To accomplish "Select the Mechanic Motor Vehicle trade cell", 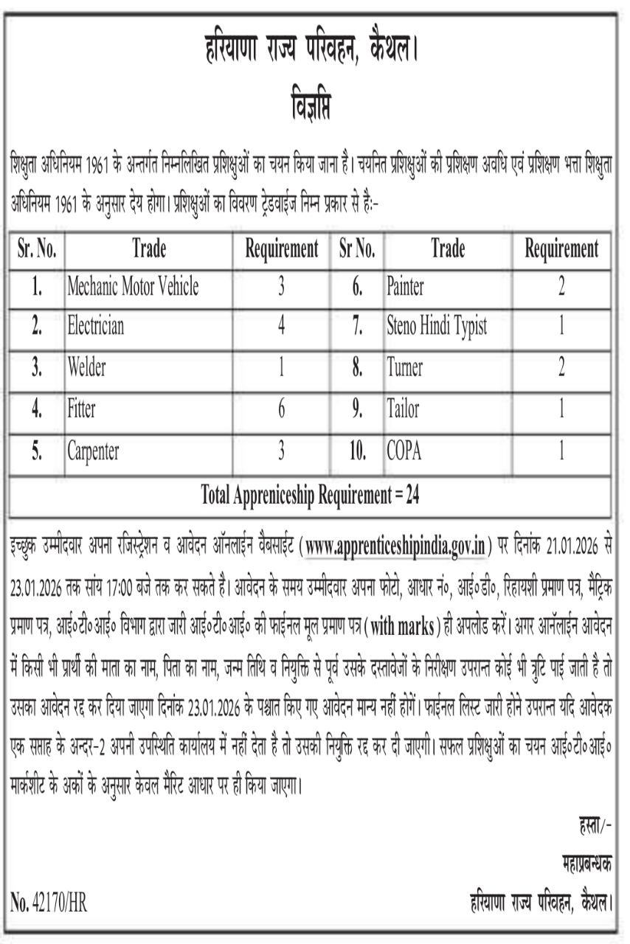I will point(133,286).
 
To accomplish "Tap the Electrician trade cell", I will point(97,325).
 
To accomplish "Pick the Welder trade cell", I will point(87,367).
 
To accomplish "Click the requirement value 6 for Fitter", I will point(281,409).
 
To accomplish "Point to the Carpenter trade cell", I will point(93,451).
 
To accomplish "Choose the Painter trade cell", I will point(405,286).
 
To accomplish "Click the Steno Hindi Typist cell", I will point(437,325).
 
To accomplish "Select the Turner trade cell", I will point(405,367).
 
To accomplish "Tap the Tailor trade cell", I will point(402,409).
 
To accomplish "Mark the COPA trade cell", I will point(404,451).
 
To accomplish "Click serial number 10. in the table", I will point(357,451).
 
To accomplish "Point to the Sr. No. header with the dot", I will point(36,249).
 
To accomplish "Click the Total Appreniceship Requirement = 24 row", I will point(310,496).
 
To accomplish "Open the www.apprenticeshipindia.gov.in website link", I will point(396,546).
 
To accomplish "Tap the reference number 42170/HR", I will point(49,902).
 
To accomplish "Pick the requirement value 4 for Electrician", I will point(281,325).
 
